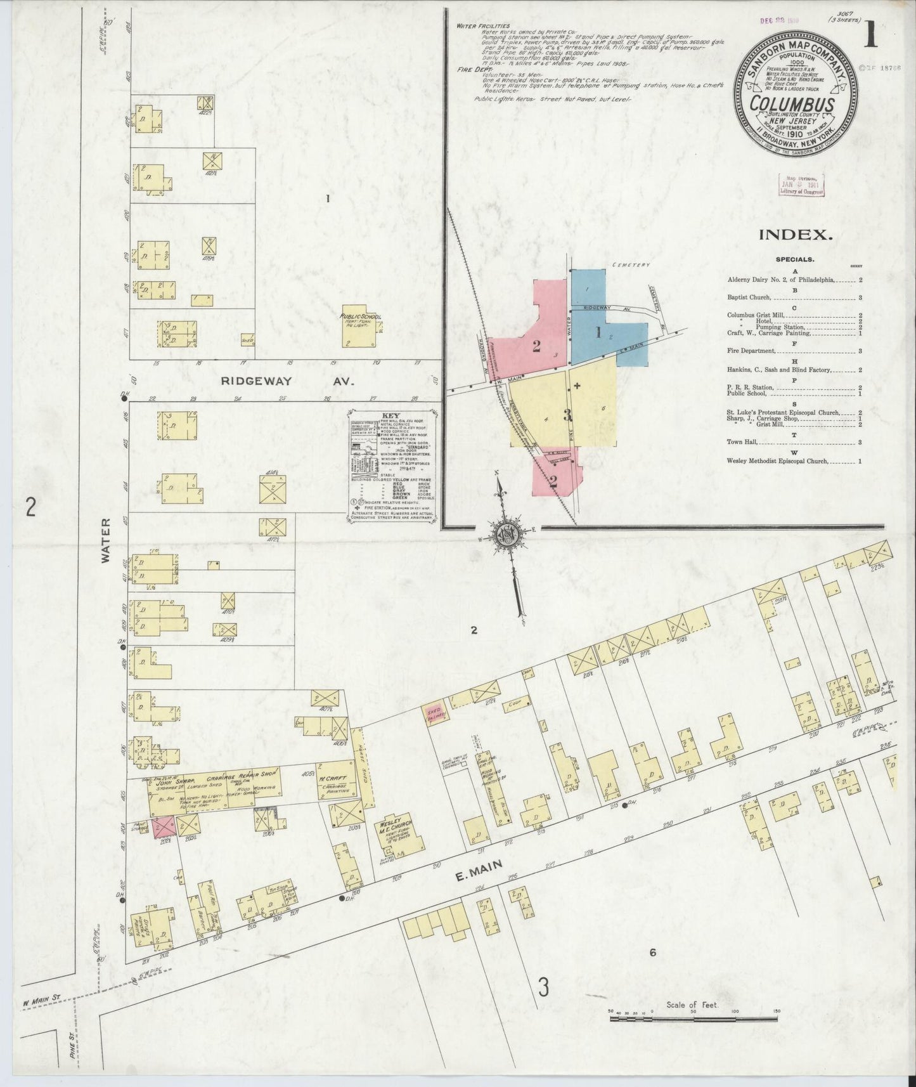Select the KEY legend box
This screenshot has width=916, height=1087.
coord(391,468)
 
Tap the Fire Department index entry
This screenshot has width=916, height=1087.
coord(752,351)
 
